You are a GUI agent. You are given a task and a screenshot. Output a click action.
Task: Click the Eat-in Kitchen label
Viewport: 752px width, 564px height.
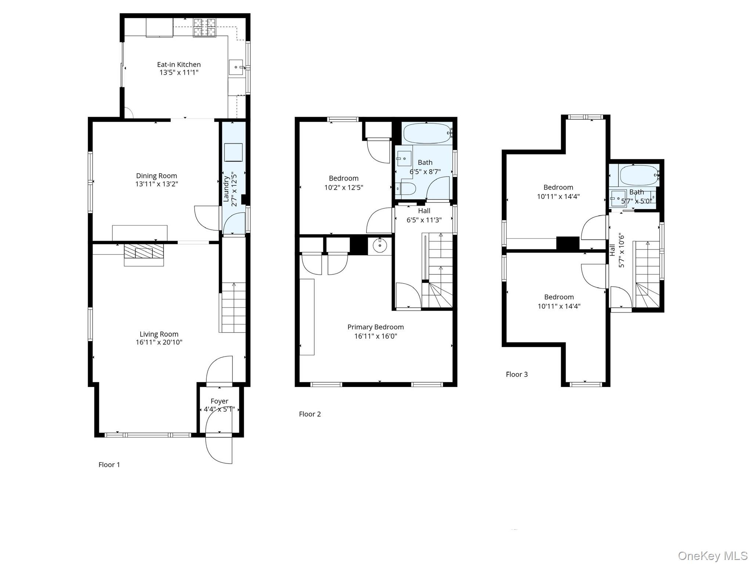(179, 65)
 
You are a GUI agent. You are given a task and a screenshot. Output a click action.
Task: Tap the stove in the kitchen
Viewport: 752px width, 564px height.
(205, 28)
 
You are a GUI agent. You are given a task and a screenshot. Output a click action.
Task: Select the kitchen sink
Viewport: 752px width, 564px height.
(236, 68)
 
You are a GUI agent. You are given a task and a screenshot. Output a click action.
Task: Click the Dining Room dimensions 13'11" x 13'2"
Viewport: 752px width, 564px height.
(156, 184)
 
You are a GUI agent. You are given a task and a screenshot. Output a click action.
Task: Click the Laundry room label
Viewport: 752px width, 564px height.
(226, 189)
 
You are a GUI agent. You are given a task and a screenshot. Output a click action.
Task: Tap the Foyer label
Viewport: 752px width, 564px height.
(219, 401)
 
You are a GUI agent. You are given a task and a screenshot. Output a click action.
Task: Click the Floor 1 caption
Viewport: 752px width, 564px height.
(109, 464)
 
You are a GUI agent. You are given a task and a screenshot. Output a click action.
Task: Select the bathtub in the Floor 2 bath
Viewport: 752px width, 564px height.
(426, 133)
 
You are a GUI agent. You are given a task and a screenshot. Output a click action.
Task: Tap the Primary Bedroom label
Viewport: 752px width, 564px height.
(375, 327)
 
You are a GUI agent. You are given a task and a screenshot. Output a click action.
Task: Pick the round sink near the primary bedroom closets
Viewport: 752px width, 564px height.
(380, 245)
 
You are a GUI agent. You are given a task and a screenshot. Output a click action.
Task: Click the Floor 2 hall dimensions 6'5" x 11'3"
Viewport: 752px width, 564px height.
(424, 220)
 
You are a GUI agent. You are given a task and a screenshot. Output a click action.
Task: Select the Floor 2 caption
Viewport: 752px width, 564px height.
(310, 414)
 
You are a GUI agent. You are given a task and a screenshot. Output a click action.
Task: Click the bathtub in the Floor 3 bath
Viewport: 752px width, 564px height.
(638, 175)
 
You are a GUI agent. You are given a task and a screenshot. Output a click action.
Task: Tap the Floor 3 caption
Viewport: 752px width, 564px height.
(517, 374)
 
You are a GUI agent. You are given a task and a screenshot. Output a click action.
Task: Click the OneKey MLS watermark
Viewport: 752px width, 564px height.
(712, 556)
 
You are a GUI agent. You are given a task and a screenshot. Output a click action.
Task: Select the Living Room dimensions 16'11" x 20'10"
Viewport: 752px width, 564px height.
(159, 342)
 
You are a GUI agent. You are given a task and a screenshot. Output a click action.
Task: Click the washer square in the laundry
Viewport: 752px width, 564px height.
(233, 152)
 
